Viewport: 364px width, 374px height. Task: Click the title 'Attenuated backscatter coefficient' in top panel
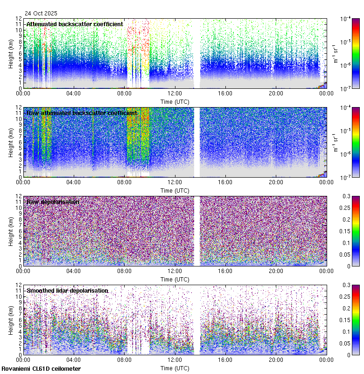pyautogui.click(x=75, y=24)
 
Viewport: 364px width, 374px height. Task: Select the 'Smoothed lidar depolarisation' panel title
pyautogui.click(x=67, y=290)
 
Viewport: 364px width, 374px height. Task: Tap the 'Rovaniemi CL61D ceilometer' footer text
pyautogui.click(x=41, y=369)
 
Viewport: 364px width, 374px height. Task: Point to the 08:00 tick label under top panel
pyautogui.click(x=124, y=93)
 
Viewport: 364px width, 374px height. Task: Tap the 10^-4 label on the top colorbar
pyautogui.click(x=345, y=19)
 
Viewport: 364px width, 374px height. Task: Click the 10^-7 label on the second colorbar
pyautogui.click(x=345, y=177)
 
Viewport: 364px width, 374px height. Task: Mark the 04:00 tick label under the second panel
pyautogui.click(x=74, y=182)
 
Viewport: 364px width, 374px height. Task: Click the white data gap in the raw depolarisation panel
pyautogui.click(x=196, y=231)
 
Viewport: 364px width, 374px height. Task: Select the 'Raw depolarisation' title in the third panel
pyautogui.click(x=53, y=201)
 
